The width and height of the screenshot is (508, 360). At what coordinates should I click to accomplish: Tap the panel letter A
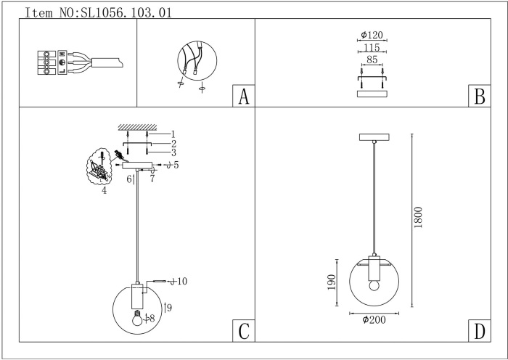click(244, 97)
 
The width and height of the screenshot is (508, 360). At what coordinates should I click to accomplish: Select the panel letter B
click(480, 97)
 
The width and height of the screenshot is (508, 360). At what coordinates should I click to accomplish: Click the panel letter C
click(244, 331)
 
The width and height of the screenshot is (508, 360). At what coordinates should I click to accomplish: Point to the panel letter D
click(480, 331)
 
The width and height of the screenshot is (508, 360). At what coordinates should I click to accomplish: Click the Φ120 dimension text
click(372, 35)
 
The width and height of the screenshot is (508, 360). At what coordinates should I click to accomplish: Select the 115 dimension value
click(372, 47)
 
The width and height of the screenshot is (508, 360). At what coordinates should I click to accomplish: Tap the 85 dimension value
click(372, 60)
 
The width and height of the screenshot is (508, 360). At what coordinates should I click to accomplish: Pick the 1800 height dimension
click(418, 217)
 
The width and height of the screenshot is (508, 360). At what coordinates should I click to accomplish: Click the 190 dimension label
click(331, 282)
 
